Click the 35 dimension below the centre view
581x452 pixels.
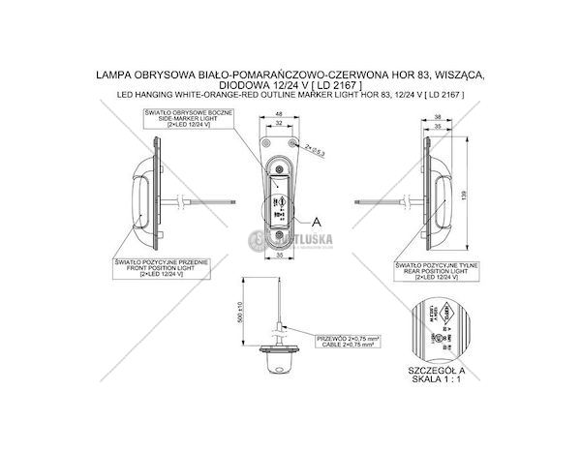278,257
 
